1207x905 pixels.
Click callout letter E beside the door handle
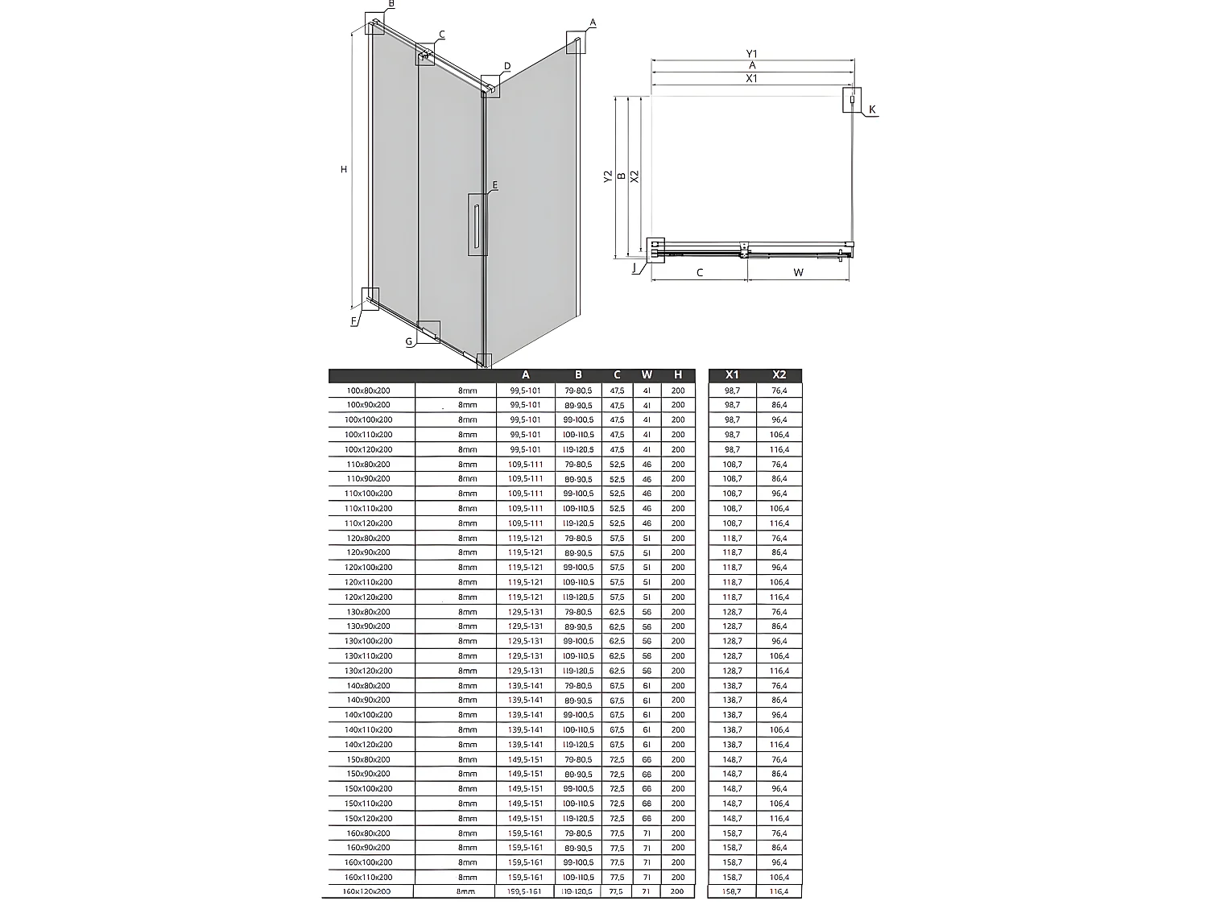494,185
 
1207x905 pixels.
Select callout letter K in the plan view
872,110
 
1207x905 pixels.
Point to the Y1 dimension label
752,54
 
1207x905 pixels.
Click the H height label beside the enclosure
344,169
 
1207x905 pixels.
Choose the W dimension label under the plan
798,272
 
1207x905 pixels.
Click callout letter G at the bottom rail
409,341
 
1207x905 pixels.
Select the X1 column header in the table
732,374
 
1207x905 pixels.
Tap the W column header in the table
647,374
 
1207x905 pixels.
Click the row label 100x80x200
368,391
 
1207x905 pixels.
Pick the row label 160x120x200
367,891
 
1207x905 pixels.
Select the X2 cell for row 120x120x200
779,597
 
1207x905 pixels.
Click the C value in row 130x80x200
617,612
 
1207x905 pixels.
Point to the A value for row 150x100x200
525,789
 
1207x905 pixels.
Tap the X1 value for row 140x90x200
732,700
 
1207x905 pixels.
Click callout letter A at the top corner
593,23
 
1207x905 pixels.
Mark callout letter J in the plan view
635,267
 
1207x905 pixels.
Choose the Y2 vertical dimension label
608,176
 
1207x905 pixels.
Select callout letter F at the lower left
353,321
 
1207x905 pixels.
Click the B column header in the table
578,374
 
